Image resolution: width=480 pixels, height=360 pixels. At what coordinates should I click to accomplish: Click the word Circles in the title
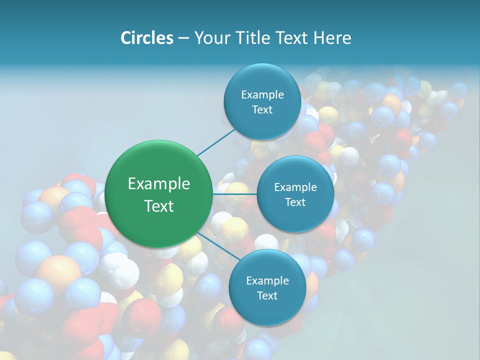(x=146, y=38)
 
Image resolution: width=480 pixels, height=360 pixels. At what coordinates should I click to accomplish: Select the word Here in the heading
(x=332, y=38)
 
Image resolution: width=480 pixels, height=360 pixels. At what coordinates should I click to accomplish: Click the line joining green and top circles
(x=216, y=141)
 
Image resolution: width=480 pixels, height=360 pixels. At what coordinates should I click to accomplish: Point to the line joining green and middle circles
(x=235, y=194)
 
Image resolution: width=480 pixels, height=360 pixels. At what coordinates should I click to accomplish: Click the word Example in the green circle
(x=159, y=184)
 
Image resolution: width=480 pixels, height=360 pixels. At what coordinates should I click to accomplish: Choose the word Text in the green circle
(x=159, y=206)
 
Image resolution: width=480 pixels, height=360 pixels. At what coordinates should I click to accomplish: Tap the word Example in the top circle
(x=262, y=94)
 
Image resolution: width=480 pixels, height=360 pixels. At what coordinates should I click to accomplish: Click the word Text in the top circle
(x=262, y=109)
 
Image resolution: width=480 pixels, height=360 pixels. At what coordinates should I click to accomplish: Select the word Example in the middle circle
(x=295, y=187)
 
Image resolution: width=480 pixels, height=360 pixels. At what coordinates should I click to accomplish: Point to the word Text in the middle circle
(x=295, y=202)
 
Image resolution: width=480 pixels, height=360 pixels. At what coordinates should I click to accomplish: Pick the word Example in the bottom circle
(x=267, y=280)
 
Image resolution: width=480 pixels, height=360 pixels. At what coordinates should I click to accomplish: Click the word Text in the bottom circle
(x=267, y=295)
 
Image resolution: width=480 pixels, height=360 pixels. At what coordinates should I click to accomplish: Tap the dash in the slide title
(x=183, y=38)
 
